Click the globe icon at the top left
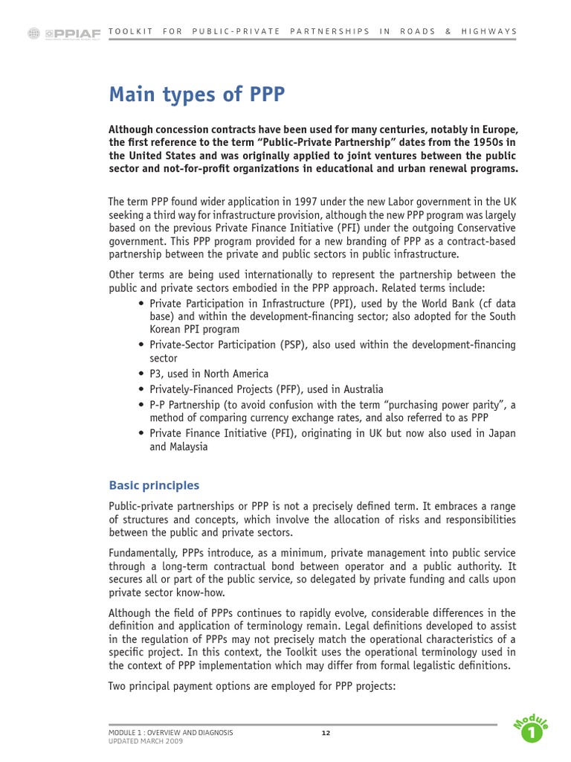click(33, 33)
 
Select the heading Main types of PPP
click(197, 95)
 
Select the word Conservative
click(483, 228)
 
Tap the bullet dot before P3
click(141, 374)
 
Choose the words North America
click(236, 374)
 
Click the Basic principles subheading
click(154, 485)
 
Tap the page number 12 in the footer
click(326, 733)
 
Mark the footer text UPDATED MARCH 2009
click(145, 741)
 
